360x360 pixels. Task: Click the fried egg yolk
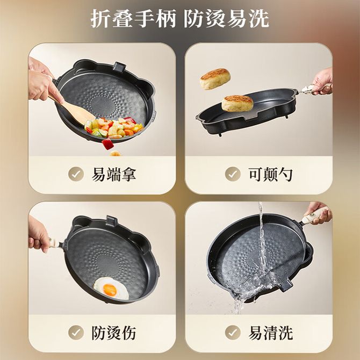click(x=110, y=290)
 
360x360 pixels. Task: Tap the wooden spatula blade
click(x=79, y=113)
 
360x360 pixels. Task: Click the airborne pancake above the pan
click(x=215, y=79)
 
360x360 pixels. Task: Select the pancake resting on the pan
click(x=237, y=103)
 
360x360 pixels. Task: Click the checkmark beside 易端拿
click(x=76, y=174)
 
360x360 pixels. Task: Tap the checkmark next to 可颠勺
click(x=233, y=174)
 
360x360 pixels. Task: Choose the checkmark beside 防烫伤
click(x=76, y=333)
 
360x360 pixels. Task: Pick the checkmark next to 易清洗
click(x=233, y=333)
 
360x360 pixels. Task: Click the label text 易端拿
click(x=114, y=175)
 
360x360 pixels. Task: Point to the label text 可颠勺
click(x=270, y=175)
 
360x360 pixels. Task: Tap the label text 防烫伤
click(x=114, y=333)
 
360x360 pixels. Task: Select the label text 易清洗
click(x=271, y=333)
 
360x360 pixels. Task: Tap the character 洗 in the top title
click(x=259, y=19)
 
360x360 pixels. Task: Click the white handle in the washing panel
click(x=314, y=215)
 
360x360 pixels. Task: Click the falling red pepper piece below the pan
click(x=107, y=144)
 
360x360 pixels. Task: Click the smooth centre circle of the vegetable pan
click(x=103, y=106)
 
